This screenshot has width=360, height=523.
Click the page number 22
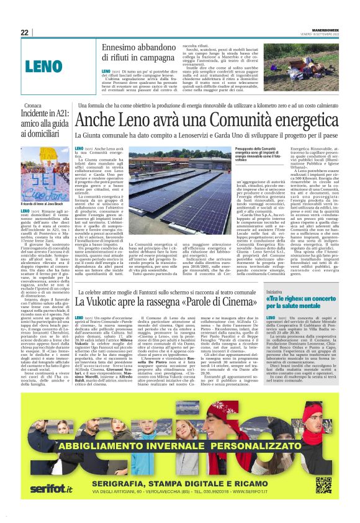tap(24, 33)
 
